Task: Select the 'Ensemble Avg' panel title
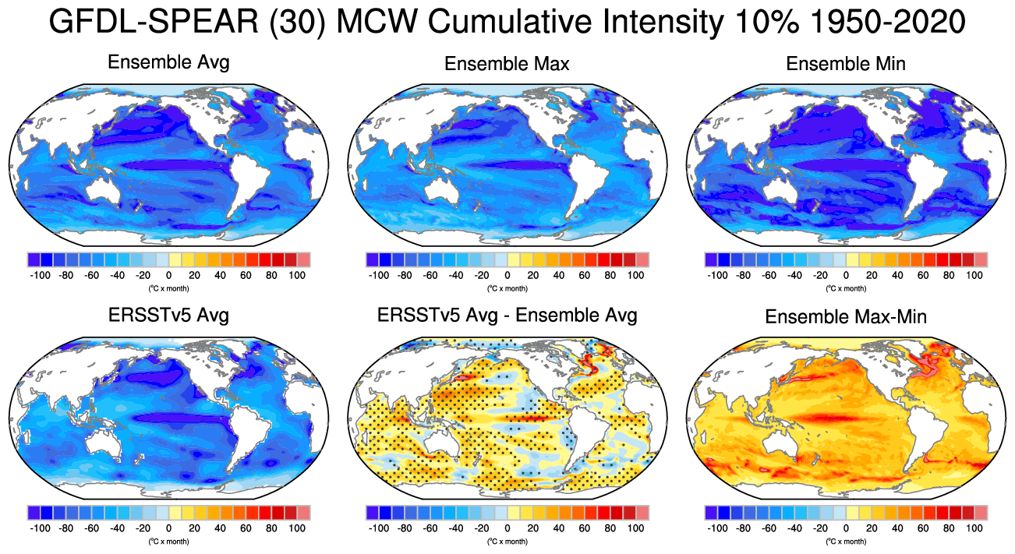[168, 62]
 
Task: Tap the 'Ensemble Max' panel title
[507, 64]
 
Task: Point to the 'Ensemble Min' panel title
[846, 64]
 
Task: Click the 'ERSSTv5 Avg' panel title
[168, 316]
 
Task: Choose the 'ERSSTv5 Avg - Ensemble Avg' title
[507, 316]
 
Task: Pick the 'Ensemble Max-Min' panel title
[846, 317]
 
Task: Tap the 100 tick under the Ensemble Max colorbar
[635, 275]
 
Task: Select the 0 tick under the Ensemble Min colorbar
[846, 275]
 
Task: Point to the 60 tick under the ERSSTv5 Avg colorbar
[246, 528]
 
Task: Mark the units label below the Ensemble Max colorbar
[507, 288]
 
